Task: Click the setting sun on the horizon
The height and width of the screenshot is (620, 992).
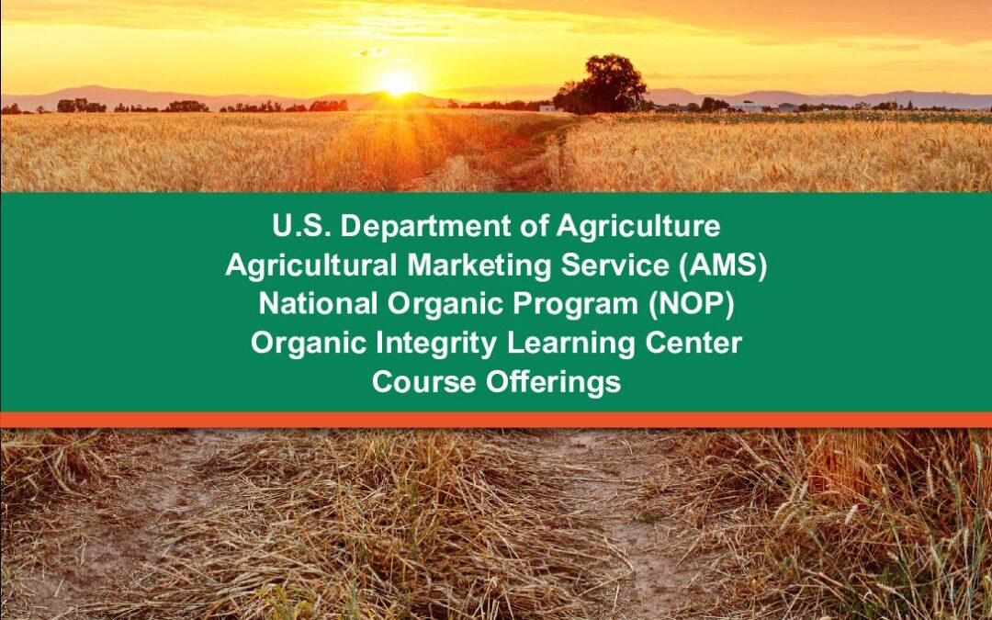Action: (x=398, y=84)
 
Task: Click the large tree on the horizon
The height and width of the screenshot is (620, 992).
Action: (x=601, y=85)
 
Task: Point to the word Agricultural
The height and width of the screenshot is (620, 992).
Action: (x=311, y=266)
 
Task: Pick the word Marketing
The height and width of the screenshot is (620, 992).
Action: (x=479, y=266)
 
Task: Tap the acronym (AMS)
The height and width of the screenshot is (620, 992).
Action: (x=723, y=266)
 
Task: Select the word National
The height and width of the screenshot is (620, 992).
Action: (x=318, y=304)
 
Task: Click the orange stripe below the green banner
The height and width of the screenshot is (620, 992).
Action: (x=496, y=420)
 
